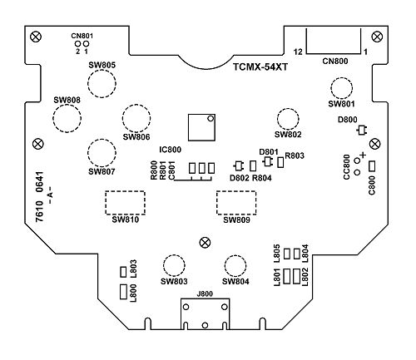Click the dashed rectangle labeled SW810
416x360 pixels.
(x=125, y=191)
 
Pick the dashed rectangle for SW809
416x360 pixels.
(x=236, y=191)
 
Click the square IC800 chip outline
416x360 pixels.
(x=188, y=127)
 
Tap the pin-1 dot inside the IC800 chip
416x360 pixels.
(x=210, y=119)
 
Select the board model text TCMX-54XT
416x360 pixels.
(x=260, y=67)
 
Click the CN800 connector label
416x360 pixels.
(x=335, y=61)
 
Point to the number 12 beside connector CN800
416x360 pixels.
(x=298, y=52)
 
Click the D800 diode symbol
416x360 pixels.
(x=362, y=131)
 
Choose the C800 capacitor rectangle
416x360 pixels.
(x=372, y=166)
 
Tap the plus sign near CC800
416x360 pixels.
(x=363, y=155)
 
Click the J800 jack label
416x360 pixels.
(x=205, y=294)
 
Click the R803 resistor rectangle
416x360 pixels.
(x=280, y=162)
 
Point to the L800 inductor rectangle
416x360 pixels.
(x=123, y=292)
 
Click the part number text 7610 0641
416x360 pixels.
(x=40, y=197)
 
